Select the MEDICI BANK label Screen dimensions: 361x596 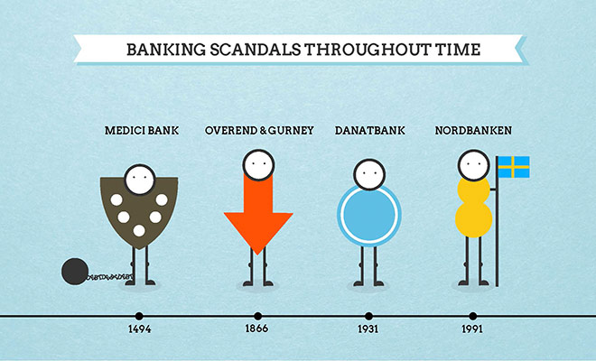[140, 131]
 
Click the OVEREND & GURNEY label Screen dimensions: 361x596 [258, 131]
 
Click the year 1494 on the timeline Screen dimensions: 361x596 [139, 329]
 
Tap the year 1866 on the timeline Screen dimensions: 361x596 [257, 329]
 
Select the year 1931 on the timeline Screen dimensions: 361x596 [367, 329]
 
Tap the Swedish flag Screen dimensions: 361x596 [514, 167]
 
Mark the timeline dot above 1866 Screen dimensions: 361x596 [257, 316]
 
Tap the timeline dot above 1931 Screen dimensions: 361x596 [367, 316]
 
